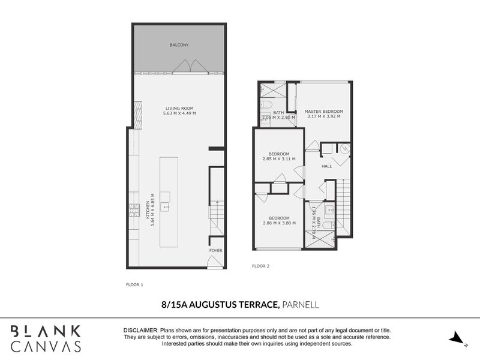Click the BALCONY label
click(179, 46)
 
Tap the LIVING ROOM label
click(179, 108)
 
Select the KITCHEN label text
click(148, 209)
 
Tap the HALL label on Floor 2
click(327, 166)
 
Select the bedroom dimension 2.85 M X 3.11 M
click(279, 159)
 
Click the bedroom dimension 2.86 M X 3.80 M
click(279, 223)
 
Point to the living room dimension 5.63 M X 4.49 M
click(179, 113)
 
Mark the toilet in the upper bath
click(265, 104)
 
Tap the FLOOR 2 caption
click(261, 265)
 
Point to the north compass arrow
click(458, 337)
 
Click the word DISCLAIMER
click(140, 331)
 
